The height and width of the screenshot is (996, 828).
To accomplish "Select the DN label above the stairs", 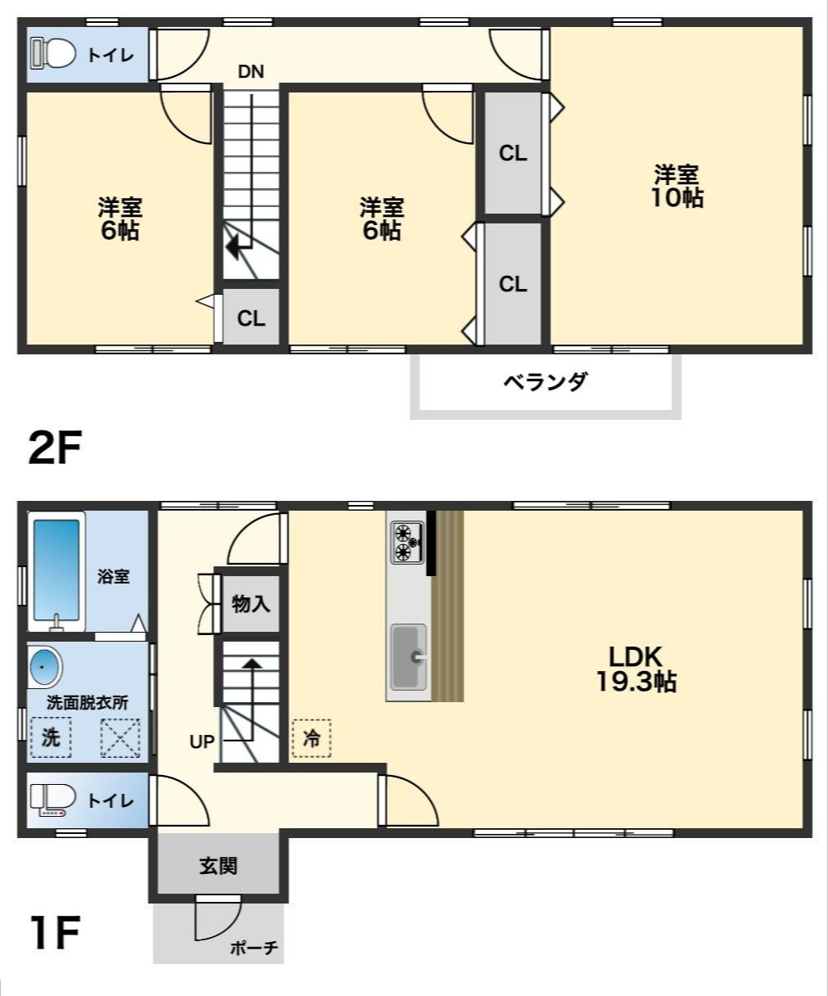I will click(251, 71).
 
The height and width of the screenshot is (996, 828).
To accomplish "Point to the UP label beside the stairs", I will click(202, 741).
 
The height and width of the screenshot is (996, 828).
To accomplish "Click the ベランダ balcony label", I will click(545, 381).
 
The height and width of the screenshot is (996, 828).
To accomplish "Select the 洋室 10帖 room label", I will click(677, 187).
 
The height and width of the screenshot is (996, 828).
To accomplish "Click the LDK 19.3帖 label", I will click(635, 669).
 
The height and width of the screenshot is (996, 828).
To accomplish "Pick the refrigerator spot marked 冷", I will click(312, 737).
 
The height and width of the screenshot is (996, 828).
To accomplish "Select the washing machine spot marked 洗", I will click(51, 737).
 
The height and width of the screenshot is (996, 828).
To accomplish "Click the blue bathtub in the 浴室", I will click(56, 568).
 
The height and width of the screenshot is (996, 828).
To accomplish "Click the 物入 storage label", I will click(251, 605).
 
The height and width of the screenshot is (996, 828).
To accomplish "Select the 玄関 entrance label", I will click(218, 865).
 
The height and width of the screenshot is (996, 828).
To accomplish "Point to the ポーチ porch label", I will click(254, 949).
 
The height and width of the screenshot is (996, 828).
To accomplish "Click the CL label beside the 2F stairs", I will click(251, 318).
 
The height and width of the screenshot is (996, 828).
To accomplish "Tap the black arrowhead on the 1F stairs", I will click(251, 664).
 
